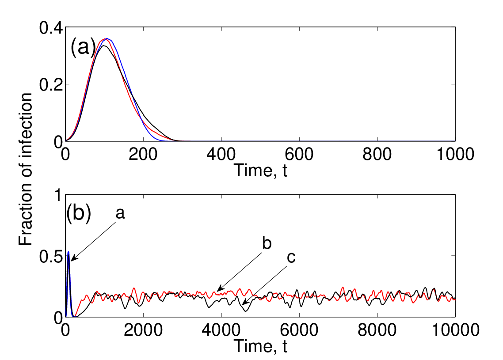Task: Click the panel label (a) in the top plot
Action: point(83,47)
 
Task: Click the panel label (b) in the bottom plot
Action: point(79,213)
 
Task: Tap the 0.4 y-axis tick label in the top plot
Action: point(51,28)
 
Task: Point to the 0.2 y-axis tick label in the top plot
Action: point(51,85)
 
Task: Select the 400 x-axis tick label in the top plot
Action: point(221,154)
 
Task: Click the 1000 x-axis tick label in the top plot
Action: point(455,154)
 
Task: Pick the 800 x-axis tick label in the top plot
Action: point(377,154)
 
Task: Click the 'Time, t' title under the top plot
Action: point(260,170)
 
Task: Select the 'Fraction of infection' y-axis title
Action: point(26,169)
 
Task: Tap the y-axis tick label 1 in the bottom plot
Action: point(58,195)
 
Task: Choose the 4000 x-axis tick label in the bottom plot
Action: point(221,330)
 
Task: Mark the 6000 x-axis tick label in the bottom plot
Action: point(299,330)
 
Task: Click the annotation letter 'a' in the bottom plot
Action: point(120,213)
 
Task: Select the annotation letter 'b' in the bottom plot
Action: point(267,243)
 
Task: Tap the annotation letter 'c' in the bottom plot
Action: point(291,258)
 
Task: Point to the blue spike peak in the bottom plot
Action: point(69,252)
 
